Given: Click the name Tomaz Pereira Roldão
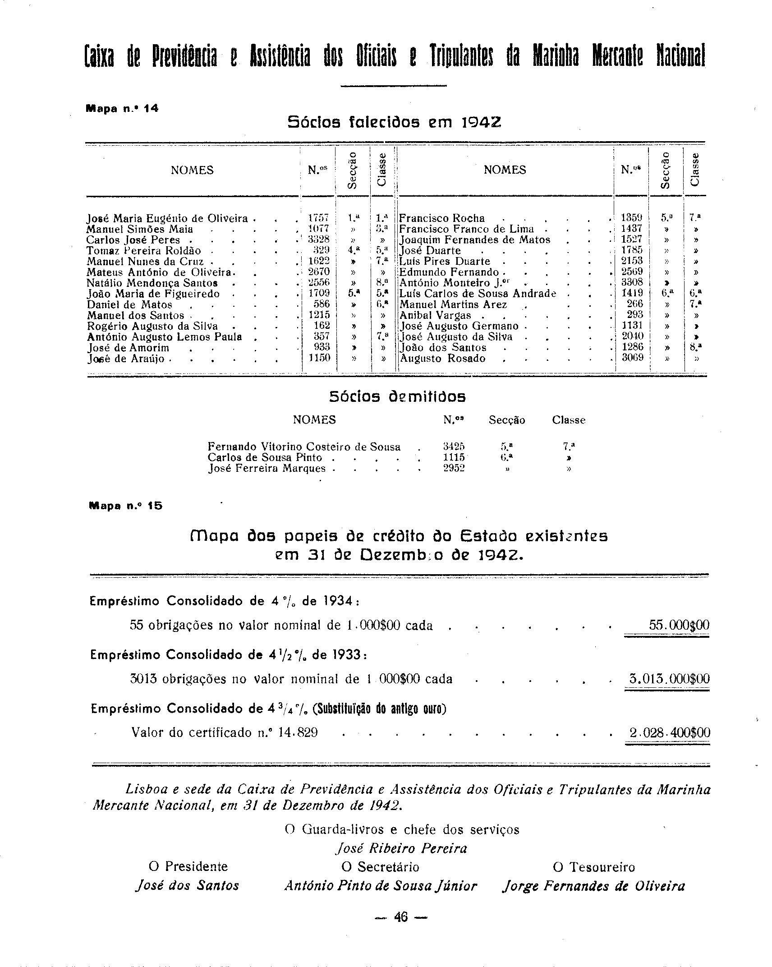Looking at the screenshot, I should pos(144,250).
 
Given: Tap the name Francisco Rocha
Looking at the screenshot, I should pos(442,218).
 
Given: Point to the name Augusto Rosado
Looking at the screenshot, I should pos(443,359).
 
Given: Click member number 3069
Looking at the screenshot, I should pos(632,358).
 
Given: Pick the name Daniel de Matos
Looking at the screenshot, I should pos(129,304).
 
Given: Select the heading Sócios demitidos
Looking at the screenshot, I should pos(397,397).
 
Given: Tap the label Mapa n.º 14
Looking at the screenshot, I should pos(122,109).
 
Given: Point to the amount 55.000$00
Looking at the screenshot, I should pos(679,625).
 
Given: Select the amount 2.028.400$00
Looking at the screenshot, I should pos(670,732).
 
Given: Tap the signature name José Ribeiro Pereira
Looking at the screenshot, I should pos(401,848).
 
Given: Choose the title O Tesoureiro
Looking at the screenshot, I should pos(593,867).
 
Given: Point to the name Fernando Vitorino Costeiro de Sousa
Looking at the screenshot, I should pos(304,447).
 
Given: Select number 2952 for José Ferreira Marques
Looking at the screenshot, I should pos(454,468).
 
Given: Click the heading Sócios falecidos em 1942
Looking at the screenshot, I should pos(394,122).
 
